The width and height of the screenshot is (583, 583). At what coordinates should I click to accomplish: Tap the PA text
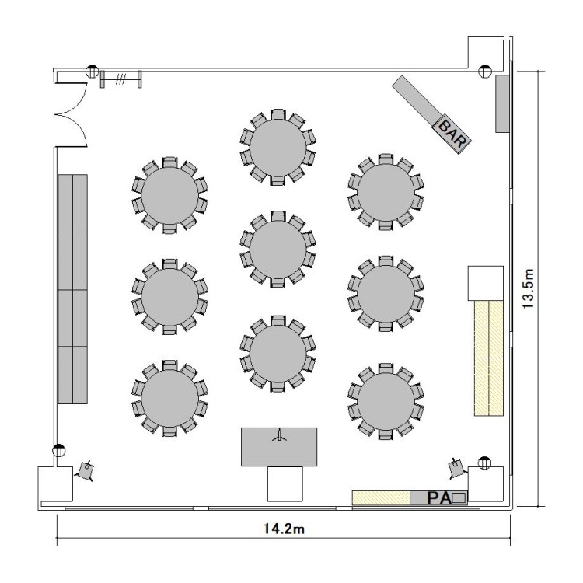point(438,498)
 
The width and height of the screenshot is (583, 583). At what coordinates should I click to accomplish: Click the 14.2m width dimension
point(284,529)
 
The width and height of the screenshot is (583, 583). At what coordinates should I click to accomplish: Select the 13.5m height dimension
point(528,288)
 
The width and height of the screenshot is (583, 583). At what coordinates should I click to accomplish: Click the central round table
point(278,249)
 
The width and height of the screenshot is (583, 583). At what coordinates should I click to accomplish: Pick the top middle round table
point(278,147)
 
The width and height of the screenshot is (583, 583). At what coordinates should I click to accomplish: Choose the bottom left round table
point(169,398)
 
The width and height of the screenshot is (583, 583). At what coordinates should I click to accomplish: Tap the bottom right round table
point(386,402)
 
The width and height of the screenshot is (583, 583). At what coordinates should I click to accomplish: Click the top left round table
point(169,195)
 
